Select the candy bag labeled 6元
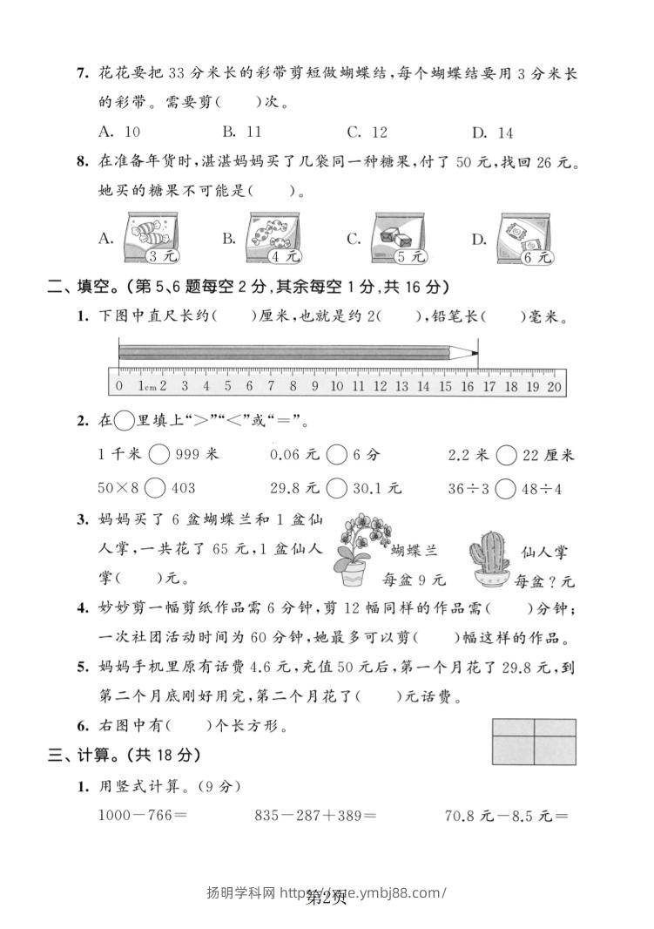click(526, 238)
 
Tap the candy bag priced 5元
click(401, 237)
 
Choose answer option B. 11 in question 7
click(242, 132)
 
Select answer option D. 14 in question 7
click(493, 132)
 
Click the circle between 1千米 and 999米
click(159, 455)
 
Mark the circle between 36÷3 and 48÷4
click(505, 488)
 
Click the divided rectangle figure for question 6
click(534, 741)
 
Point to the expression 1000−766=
click(144, 817)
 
